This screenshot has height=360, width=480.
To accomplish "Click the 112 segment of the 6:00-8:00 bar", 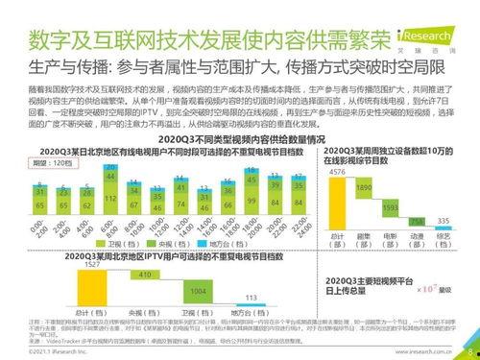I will click(109, 199).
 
